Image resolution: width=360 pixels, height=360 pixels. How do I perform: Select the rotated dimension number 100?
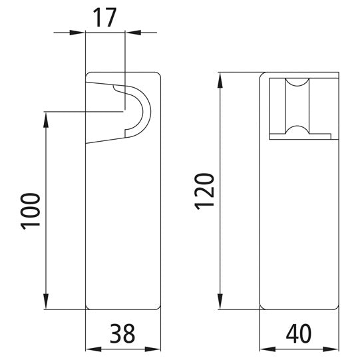coord(31,211)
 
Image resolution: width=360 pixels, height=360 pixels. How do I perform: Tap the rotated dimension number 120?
coord(205,190)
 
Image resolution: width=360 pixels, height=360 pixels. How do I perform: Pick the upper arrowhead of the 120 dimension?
coord(220,77)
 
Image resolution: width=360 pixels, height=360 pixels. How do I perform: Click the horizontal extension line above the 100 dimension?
coord(83,111)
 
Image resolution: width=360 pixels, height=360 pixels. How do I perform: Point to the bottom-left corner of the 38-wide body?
coord(87,309)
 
